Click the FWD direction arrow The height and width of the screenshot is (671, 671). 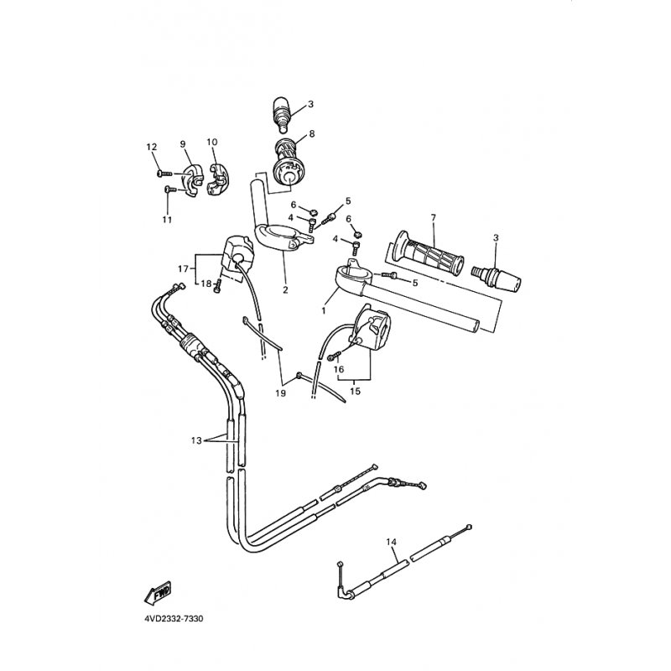[x=158, y=594]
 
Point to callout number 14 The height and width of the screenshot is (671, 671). [x=391, y=542]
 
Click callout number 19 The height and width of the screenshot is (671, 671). [x=280, y=393]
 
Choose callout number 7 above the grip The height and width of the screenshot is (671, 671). [x=433, y=218]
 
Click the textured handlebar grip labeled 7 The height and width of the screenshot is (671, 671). [x=425, y=252]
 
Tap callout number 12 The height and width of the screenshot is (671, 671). [x=152, y=147]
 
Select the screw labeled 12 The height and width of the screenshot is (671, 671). [x=164, y=174]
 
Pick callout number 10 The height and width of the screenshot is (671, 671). [x=212, y=142]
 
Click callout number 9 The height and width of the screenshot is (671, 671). [x=183, y=143]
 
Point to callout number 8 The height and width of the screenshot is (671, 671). [x=311, y=133]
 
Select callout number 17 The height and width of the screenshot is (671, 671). [x=183, y=268]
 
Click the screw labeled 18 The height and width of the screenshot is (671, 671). [x=218, y=285]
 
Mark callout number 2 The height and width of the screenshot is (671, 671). [x=285, y=289]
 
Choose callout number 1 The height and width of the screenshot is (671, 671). [x=324, y=309]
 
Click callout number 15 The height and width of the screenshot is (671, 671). [x=355, y=391]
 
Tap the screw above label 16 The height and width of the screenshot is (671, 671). [x=335, y=355]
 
